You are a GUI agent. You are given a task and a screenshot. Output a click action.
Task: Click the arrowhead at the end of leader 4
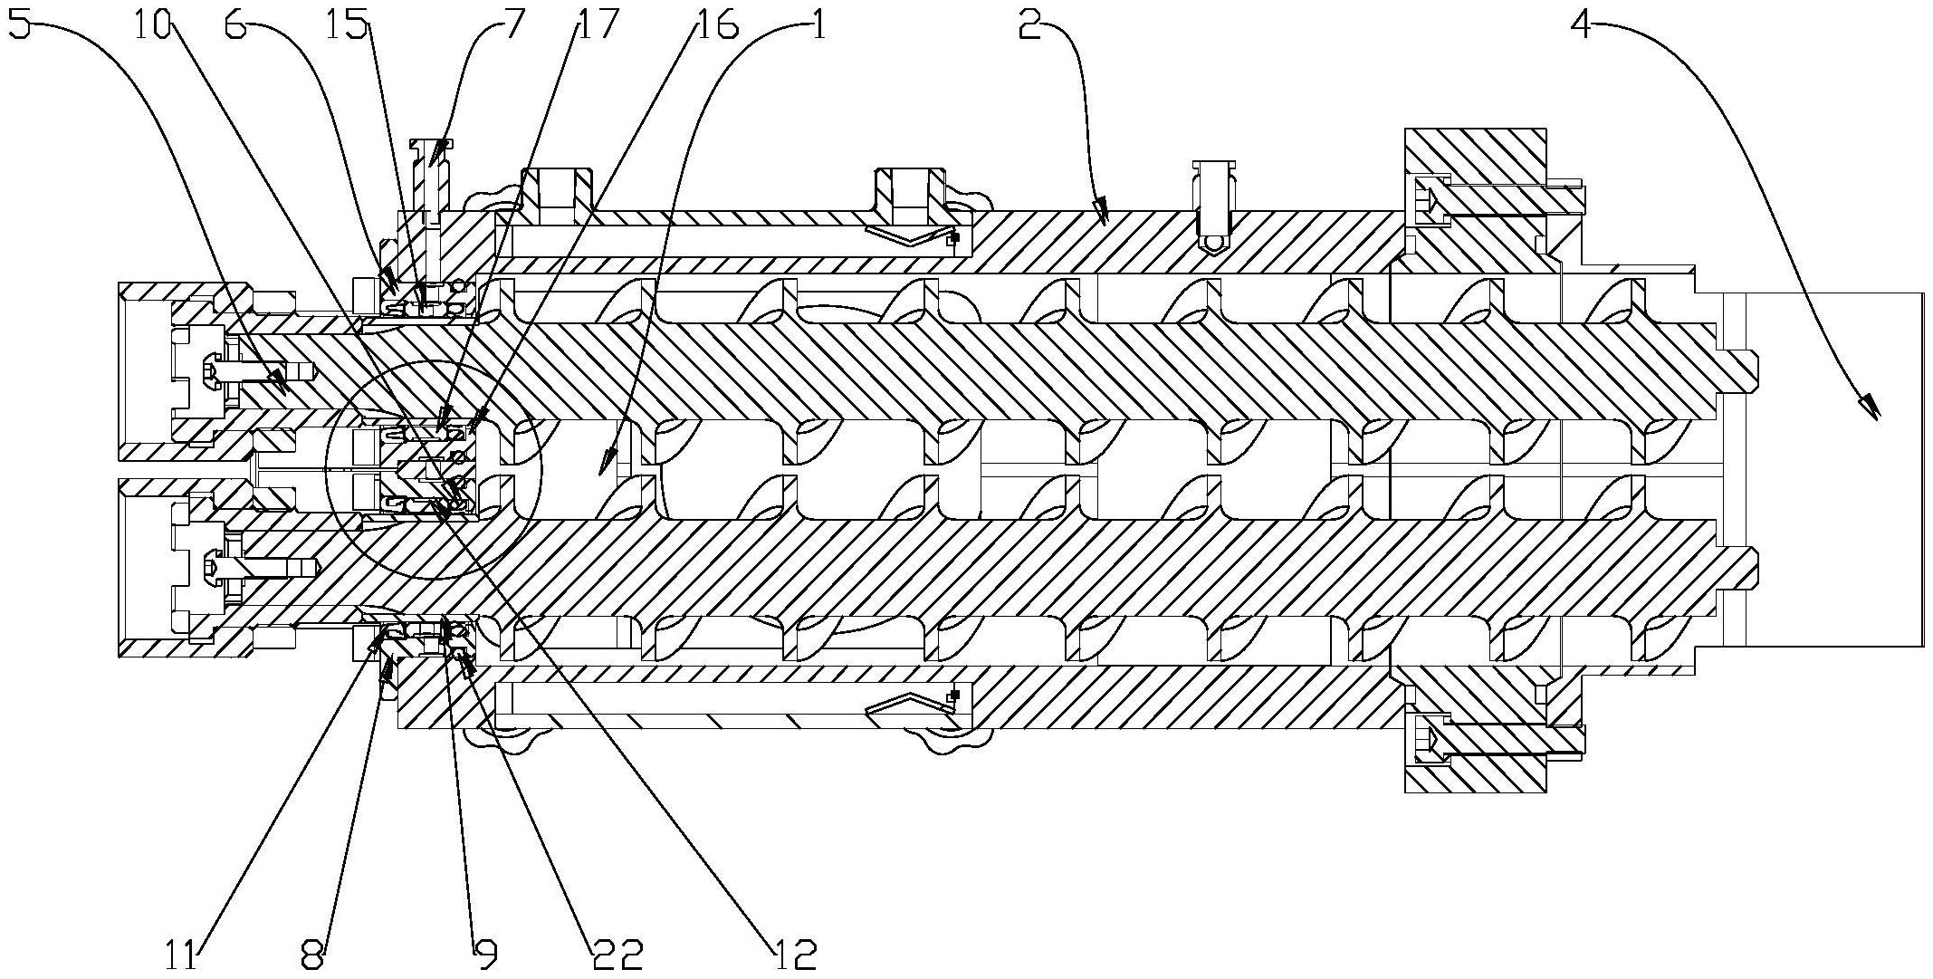point(1867,408)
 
